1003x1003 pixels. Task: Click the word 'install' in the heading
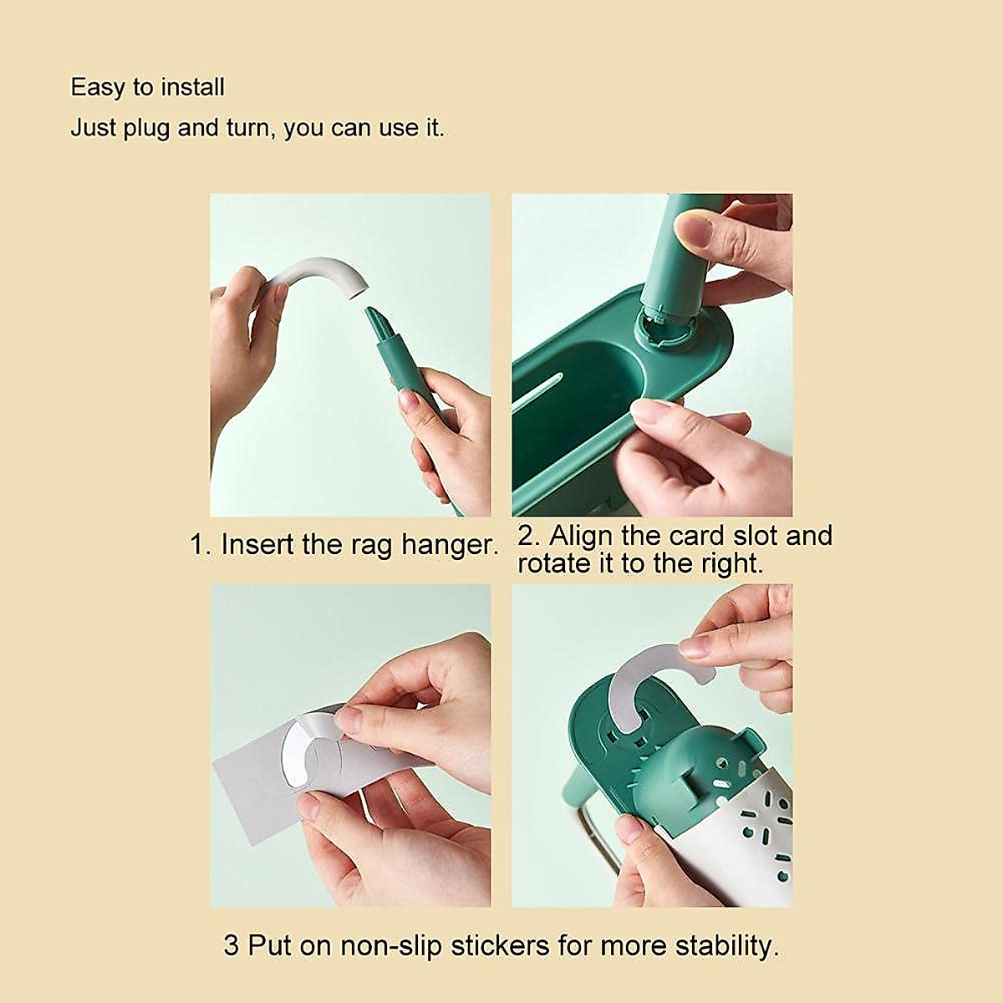[x=193, y=87]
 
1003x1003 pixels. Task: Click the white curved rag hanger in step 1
[x=313, y=276]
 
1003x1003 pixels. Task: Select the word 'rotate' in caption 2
[x=552, y=563]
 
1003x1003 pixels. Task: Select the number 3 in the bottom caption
[x=232, y=946]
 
